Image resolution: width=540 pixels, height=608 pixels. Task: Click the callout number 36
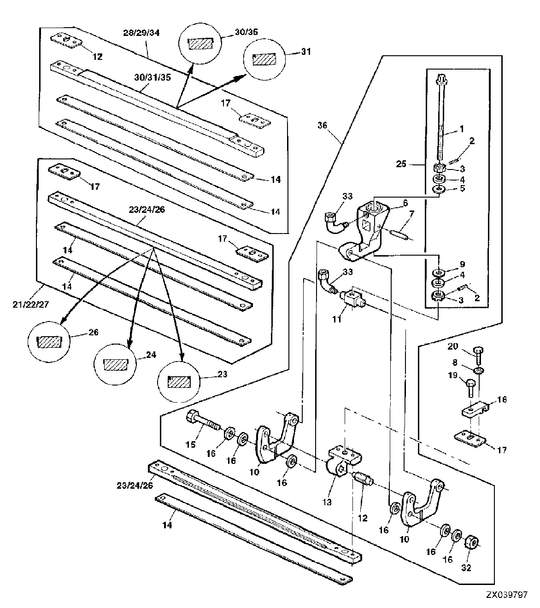tap(322, 125)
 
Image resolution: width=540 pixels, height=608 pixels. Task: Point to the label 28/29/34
tap(141, 33)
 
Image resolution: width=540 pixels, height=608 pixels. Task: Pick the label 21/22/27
tap(31, 304)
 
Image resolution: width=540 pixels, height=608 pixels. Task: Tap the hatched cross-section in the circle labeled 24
tap(115, 364)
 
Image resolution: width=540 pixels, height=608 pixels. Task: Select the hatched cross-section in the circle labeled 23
tap(179, 382)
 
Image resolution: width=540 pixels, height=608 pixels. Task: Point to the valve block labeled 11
tap(352, 299)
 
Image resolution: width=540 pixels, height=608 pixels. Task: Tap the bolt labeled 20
tap(477, 355)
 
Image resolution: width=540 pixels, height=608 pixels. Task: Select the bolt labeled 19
tap(469, 387)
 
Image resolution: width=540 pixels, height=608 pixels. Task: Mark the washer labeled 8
tap(480, 371)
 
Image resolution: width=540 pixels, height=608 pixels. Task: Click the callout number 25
tap(401, 164)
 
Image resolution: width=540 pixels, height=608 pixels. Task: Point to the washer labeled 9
tap(438, 272)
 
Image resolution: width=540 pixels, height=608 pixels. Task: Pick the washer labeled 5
tap(439, 190)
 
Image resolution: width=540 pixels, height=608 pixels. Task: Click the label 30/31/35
tap(153, 77)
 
